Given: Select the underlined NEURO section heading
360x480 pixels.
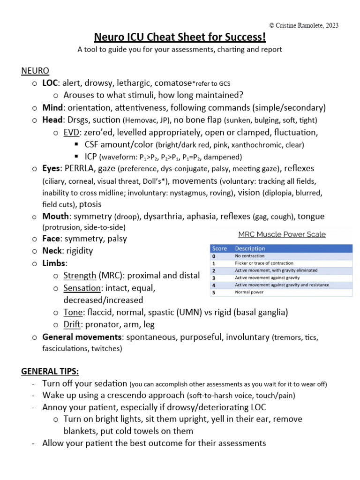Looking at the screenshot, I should pyautogui.click(x=35, y=71).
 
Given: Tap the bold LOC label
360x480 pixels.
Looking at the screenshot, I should pyautogui.click(x=50, y=83).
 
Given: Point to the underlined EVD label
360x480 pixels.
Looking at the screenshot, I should pyautogui.click(x=71, y=132).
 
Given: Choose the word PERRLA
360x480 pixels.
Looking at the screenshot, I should pyautogui.click(x=80, y=168).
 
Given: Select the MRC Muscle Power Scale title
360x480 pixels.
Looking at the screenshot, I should pyautogui.click(x=282, y=234).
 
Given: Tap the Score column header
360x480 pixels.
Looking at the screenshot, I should pyautogui.click(x=219, y=248).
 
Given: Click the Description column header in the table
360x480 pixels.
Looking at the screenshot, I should pyautogui.click(x=250, y=248).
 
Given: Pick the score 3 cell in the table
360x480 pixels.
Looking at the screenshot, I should pyautogui.click(x=214, y=277).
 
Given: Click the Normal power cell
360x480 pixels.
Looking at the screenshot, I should pyautogui.click(x=249, y=292).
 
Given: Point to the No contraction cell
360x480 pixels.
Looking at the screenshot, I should pyautogui.click(x=249, y=256).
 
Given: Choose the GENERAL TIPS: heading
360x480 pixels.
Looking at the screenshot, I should pyautogui.click(x=50, y=371).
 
